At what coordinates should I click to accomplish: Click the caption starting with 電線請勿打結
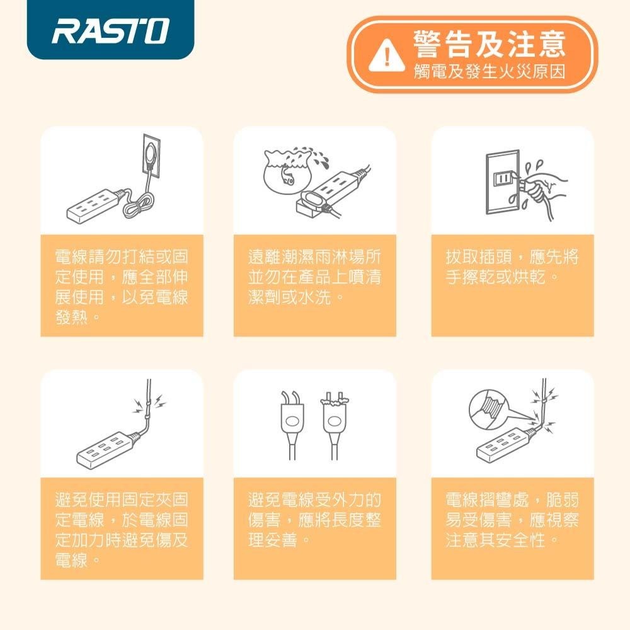122,285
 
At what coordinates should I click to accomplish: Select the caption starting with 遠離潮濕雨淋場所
314,277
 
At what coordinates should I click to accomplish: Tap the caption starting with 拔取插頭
512,268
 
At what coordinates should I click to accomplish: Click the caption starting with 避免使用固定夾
122,529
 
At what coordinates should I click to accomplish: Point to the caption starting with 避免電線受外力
314,520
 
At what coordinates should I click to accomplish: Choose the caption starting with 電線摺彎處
512,520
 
